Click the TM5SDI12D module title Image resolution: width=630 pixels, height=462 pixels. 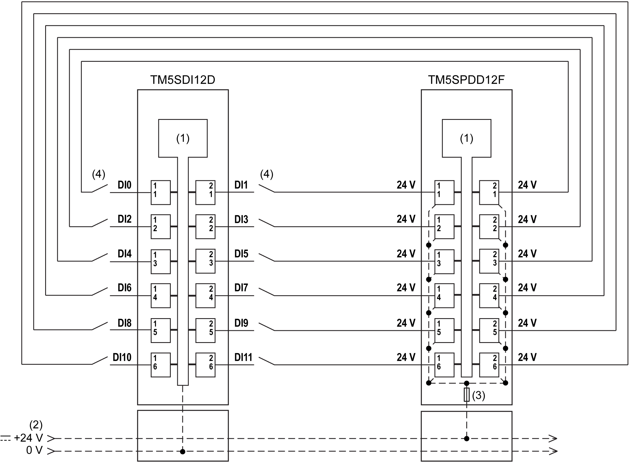pyautogui.click(x=183, y=80)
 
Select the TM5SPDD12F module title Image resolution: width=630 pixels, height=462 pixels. pyautogui.click(x=466, y=80)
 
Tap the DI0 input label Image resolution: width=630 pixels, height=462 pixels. pyautogui.click(x=124, y=185)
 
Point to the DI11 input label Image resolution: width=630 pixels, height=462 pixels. pyautogui.click(x=243, y=357)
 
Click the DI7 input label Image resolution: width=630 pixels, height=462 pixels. pyautogui.click(x=241, y=288)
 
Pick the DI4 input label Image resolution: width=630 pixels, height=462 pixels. pyautogui.click(x=124, y=254)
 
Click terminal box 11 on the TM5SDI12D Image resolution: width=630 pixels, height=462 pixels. pyautogui.click(x=160, y=192)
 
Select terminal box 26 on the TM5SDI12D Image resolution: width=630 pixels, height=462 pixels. pyautogui.click(x=205, y=365)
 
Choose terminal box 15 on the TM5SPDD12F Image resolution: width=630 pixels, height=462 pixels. pyautogui.click(x=444, y=330)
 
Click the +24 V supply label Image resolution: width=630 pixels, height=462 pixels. pyautogui.click(x=28, y=438)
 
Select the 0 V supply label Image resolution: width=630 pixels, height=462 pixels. pyautogui.click(x=34, y=450)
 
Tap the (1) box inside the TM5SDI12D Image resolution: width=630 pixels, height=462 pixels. pyautogui.click(x=183, y=138)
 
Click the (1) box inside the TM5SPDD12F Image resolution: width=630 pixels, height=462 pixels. pyautogui.click(x=466, y=138)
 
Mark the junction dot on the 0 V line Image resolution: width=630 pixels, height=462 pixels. pyautogui.click(x=183, y=452)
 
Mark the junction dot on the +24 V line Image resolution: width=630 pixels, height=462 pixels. pyautogui.click(x=467, y=439)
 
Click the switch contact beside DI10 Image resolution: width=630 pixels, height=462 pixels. pyautogui.click(x=100, y=360)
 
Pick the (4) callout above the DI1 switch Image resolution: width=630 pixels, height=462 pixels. pyautogui.click(x=266, y=174)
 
